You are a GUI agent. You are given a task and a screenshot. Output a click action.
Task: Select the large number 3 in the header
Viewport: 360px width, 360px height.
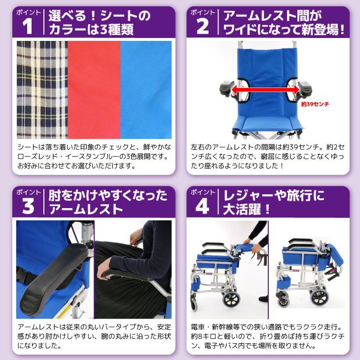point(29,206)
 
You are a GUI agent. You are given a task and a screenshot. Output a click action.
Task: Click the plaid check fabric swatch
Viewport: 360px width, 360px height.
point(41,89)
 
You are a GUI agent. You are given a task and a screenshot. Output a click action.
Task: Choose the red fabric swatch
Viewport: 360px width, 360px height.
point(93,89)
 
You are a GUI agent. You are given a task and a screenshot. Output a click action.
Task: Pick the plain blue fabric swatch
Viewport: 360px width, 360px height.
point(146,89)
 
